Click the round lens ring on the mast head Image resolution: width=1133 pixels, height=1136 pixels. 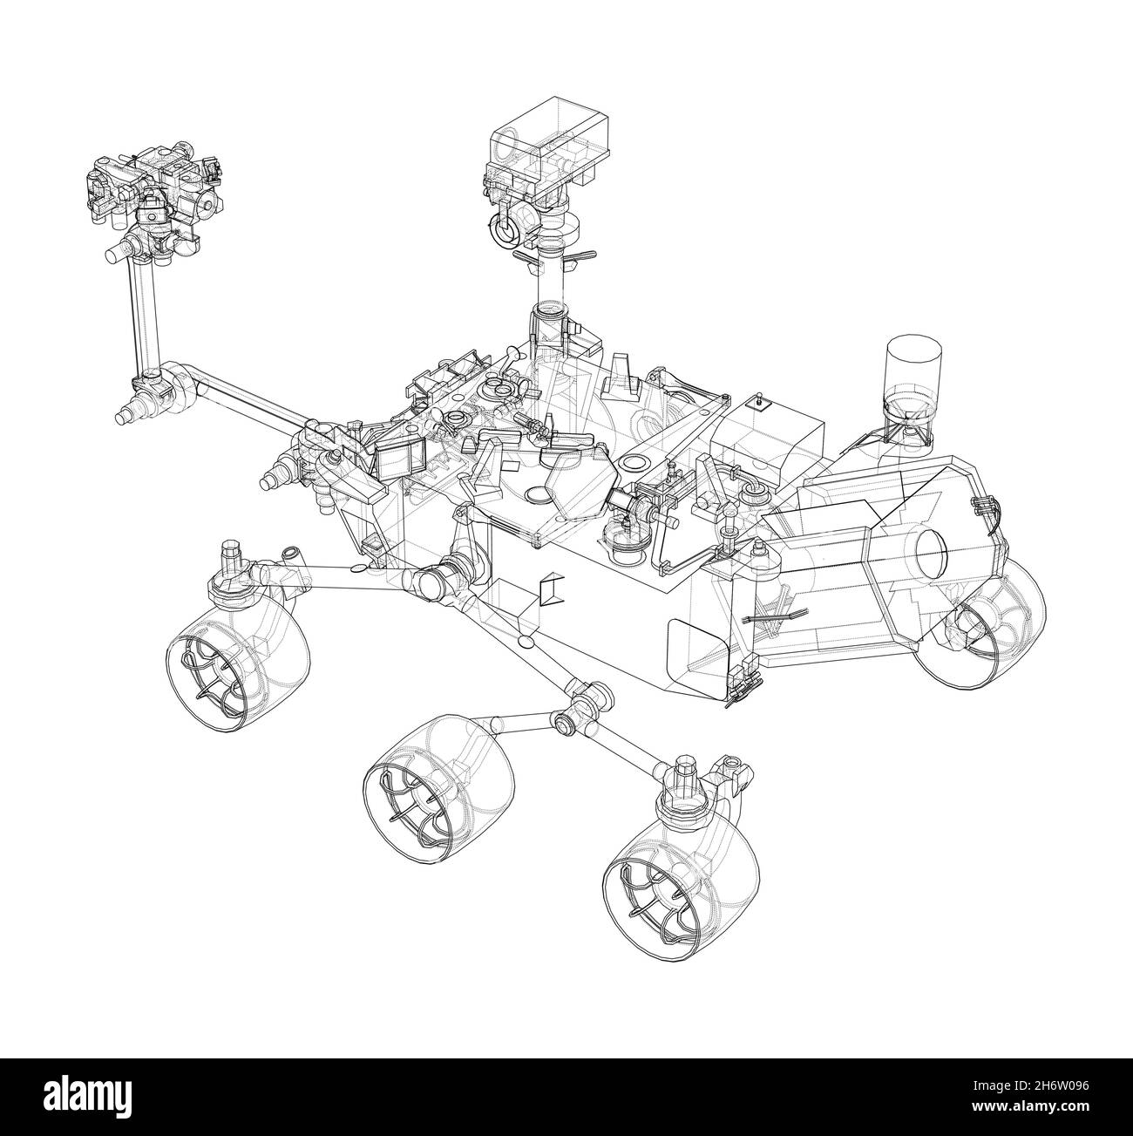505,231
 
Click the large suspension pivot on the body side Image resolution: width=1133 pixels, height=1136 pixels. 440,580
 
